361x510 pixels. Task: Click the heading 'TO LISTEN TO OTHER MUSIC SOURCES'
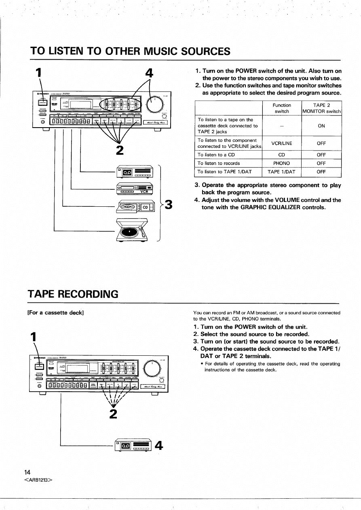point(130,51)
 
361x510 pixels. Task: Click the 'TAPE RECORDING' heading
point(74,294)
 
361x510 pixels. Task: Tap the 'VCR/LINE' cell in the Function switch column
point(282,143)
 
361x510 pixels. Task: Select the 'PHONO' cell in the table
point(282,163)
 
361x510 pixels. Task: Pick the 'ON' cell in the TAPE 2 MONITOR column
point(321,126)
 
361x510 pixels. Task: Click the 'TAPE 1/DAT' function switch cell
point(282,172)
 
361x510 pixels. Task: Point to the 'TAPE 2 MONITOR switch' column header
point(321,108)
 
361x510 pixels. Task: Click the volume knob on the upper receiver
point(156,105)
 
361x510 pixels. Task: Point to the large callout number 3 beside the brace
point(169,205)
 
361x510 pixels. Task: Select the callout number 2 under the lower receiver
point(114,414)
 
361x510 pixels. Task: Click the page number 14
point(27,472)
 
